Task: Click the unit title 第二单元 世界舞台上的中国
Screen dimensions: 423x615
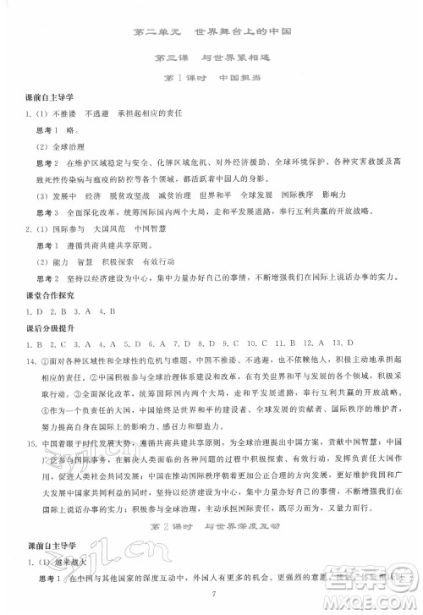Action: (x=211, y=32)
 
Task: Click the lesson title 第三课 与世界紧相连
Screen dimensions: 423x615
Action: (x=211, y=58)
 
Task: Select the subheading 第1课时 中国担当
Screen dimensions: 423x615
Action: (x=211, y=80)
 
